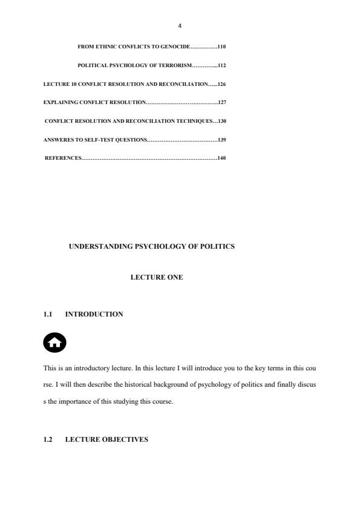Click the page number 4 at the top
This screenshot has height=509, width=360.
180,26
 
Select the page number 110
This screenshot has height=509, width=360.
221,46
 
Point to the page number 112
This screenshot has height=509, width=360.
221,65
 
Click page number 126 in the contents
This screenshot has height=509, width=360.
221,84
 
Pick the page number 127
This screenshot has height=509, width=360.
221,102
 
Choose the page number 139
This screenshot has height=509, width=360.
221,140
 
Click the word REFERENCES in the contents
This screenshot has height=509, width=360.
63,158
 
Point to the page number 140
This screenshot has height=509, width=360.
221,158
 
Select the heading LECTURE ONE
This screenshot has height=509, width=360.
157,277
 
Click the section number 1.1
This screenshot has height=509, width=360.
48,314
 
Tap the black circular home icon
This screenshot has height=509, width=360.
55,343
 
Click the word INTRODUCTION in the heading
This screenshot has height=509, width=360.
94,314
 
